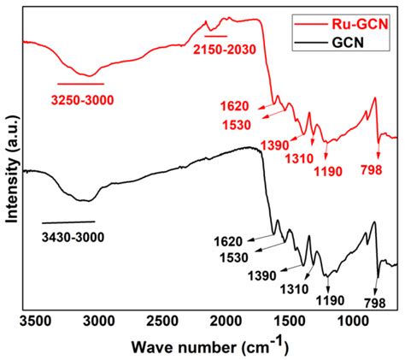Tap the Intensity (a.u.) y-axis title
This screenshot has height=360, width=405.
click(13, 171)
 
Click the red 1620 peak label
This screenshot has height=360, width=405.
click(233, 107)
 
